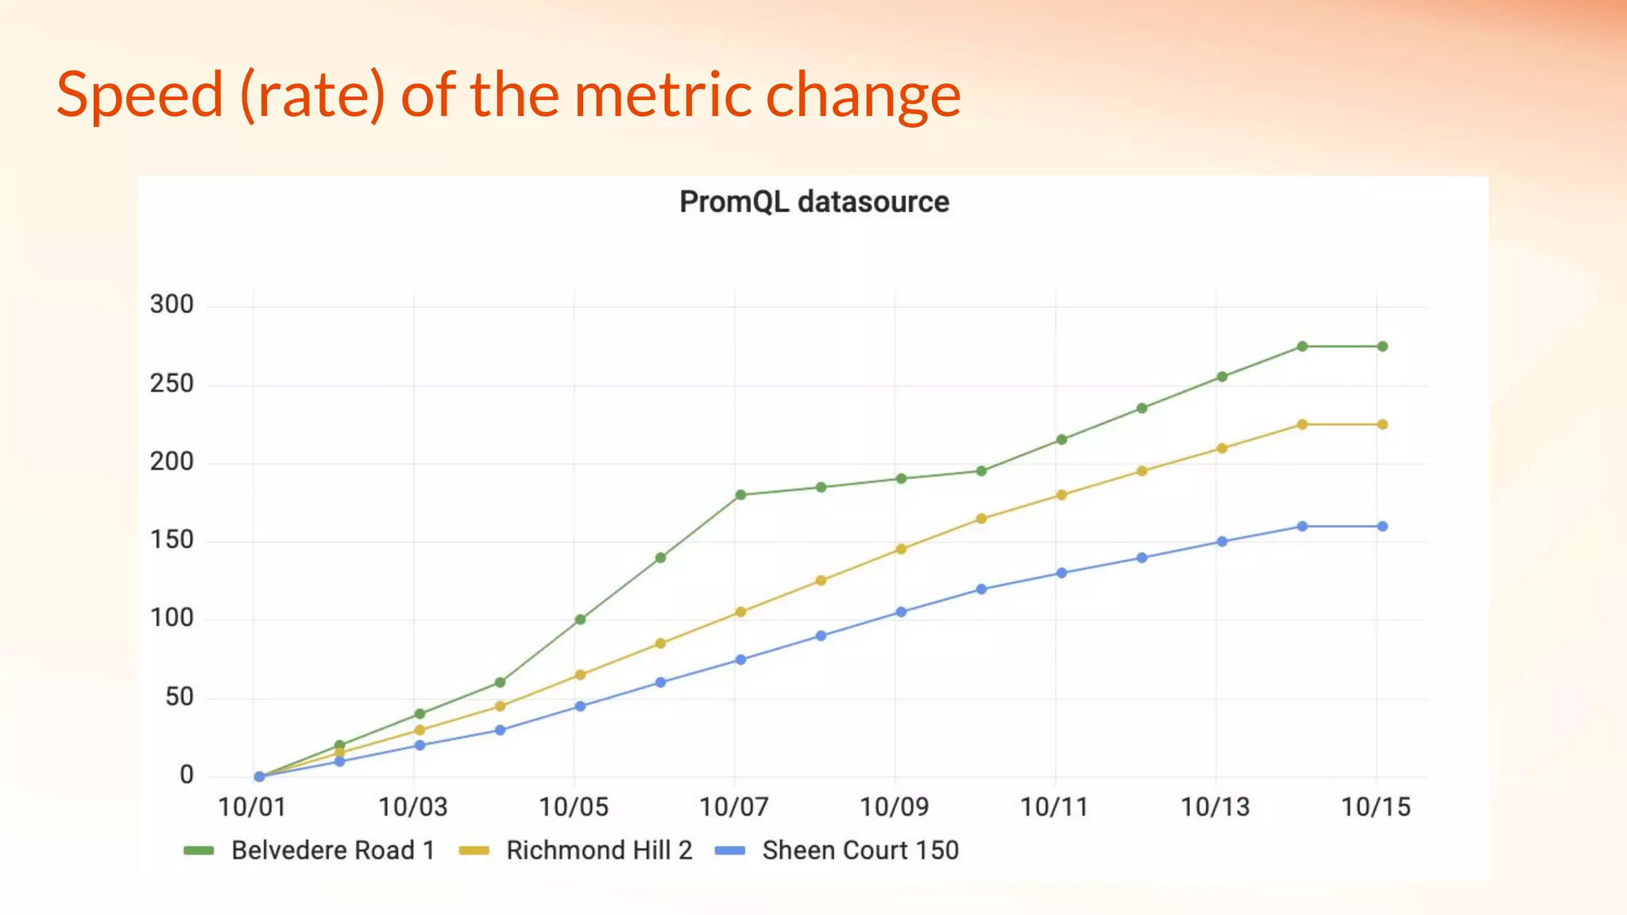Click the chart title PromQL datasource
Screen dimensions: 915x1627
tap(813, 202)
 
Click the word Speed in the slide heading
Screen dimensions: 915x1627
tap(140, 95)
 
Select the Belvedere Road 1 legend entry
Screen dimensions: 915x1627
tap(332, 850)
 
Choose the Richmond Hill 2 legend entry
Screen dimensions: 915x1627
tap(599, 850)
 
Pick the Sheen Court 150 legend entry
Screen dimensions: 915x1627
tap(860, 850)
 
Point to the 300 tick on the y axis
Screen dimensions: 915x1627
tap(172, 304)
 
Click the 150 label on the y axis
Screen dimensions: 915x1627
tap(172, 540)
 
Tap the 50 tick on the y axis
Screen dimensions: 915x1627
tap(179, 697)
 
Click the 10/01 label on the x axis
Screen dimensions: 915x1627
tap(251, 807)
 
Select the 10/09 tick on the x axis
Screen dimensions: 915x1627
tap(894, 807)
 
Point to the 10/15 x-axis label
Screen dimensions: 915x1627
tap(1375, 807)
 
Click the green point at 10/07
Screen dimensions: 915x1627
tap(740, 495)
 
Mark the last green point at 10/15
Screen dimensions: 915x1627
tap(1382, 346)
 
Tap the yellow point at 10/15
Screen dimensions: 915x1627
tap(1382, 425)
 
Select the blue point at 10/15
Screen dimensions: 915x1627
tap(1382, 527)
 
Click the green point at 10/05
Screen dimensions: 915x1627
tap(580, 620)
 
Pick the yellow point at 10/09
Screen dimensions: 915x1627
tap(901, 549)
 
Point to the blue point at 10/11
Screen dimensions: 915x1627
tap(1061, 573)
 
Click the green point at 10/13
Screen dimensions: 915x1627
tap(1222, 376)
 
